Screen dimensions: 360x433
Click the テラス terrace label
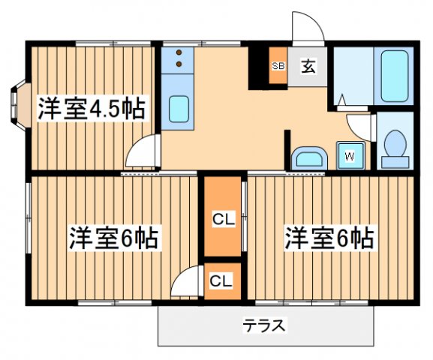tap(264, 326)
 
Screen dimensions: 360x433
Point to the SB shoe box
tap(278, 66)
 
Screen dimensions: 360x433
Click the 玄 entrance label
tap(308, 66)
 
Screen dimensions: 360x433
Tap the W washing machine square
tap(350, 156)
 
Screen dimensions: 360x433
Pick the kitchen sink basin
tap(179, 109)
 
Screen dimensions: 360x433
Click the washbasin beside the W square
tap(308, 157)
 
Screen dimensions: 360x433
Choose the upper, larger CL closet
tap(222, 220)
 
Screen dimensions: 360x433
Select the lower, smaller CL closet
tap(221, 281)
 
